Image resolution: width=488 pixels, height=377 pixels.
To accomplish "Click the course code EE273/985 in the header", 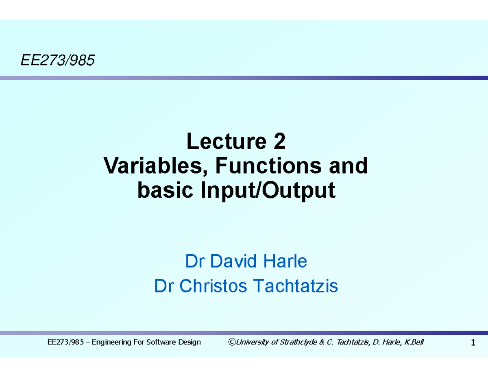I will click(57, 61).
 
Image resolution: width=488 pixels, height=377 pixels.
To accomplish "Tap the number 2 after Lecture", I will click(280, 142).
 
